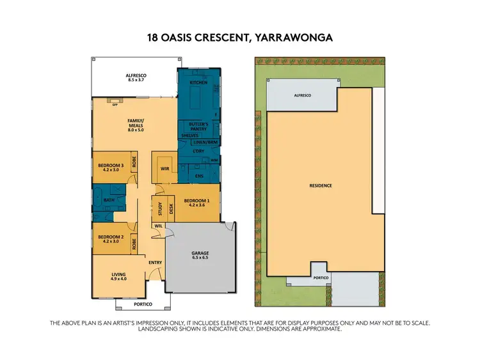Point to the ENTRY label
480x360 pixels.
click(156, 263)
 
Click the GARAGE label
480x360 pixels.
click(200, 253)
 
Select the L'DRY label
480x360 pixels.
click(198, 151)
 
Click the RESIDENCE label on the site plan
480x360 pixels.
click(321, 185)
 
